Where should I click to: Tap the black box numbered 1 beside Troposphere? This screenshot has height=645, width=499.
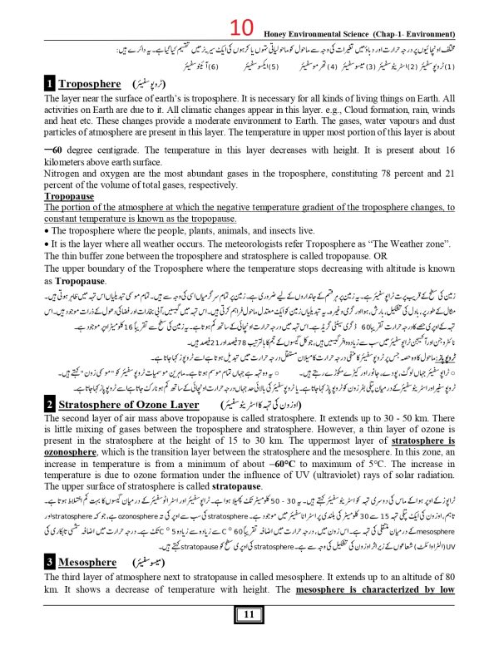[50, 84]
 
